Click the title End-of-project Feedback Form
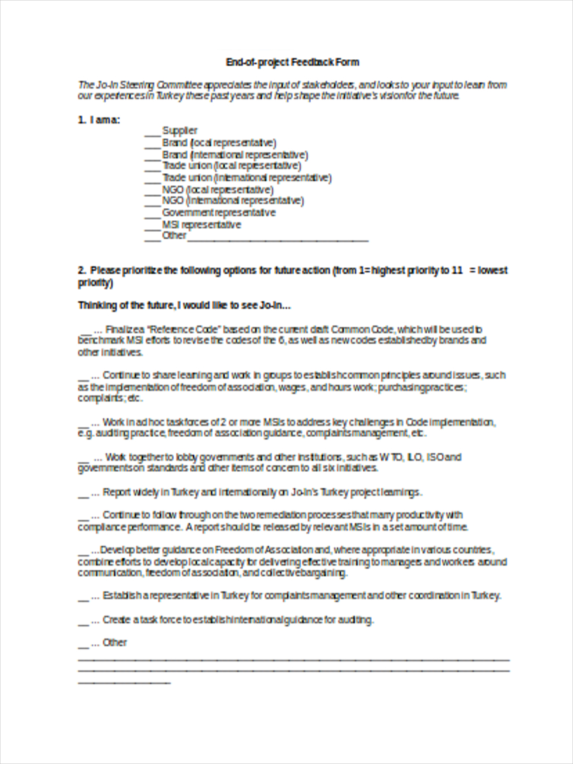292,62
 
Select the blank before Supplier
152,134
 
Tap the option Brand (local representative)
219,143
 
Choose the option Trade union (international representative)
246,178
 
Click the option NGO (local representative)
218,190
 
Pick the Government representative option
218,213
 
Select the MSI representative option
201,225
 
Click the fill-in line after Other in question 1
278,239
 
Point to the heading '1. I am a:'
99,120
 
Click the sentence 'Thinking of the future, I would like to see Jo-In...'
184,306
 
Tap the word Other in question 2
115,642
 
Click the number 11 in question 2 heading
456,271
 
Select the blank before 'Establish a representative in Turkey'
83,598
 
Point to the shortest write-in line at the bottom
124,683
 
